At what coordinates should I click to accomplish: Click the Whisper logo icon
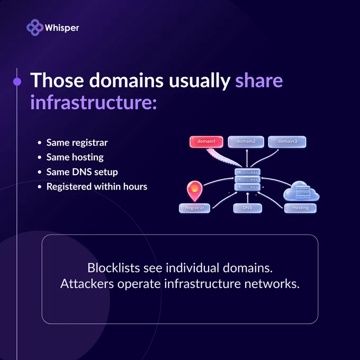[x=35, y=28]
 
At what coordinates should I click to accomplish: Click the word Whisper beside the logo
[x=62, y=28]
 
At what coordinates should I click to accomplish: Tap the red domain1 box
[x=206, y=142]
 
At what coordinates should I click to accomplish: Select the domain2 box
[x=246, y=142]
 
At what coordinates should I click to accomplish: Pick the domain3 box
[x=287, y=142]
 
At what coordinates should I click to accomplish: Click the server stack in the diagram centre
[x=247, y=179]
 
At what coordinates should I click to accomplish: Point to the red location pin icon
[x=195, y=191]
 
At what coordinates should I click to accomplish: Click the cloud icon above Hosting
[x=301, y=191]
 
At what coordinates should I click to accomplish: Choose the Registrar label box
[x=194, y=208]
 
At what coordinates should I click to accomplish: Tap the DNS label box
[x=247, y=208]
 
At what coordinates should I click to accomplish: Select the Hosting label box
[x=300, y=208]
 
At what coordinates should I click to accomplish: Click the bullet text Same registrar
[x=77, y=143]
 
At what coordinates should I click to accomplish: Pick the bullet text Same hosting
[x=75, y=158]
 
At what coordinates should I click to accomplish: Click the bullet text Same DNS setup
[x=82, y=172]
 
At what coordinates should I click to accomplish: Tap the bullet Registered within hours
[x=97, y=186]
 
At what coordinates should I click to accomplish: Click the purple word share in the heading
[x=259, y=80]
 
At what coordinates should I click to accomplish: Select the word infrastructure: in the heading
[x=94, y=102]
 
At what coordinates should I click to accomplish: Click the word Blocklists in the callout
[x=114, y=268]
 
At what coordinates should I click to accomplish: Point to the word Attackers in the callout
[x=87, y=284]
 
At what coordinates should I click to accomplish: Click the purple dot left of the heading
[x=17, y=82]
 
